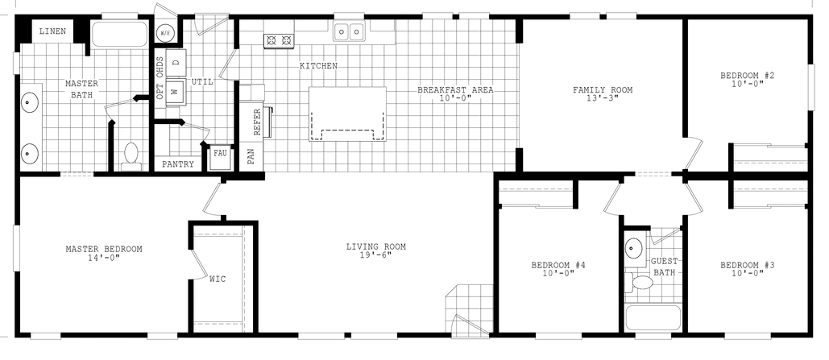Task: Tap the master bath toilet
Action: [x=131, y=155]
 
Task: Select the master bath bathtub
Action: [x=119, y=35]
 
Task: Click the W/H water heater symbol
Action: [x=165, y=33]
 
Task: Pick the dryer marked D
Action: [x=176, y=63]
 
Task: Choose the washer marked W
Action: [x=176, y=92]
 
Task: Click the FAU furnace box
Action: [x=219, y=154]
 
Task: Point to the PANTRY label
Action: [x=177, y=163]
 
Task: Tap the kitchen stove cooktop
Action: [x=280, y=38]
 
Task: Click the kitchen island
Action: [x=347, y=114]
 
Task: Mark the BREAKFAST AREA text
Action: [x=455, y=89]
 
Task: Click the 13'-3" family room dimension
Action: [x=603, y=99]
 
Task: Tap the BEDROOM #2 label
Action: [x=747, y=77]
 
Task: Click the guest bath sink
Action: [x=635, y=247]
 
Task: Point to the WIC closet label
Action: [x=218, y=279]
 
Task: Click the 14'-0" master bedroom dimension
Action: [x=103, y=259]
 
